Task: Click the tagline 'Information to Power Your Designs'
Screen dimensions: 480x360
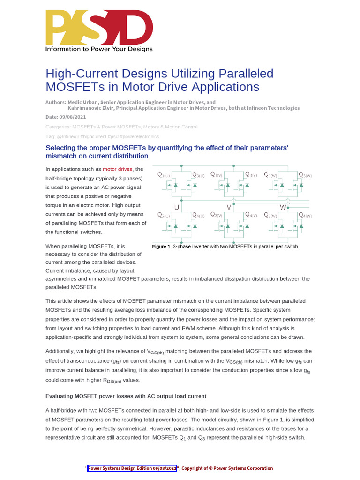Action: point(98,49)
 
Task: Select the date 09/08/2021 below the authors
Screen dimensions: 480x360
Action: point(74,117)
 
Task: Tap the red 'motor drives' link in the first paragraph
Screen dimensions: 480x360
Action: point(118,169)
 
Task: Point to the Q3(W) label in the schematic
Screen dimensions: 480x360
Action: point(305,175)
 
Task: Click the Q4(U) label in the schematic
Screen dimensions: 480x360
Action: point(198,215)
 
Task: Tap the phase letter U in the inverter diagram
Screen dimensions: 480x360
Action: point(176,207)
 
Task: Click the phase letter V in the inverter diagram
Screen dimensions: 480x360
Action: point(229,207)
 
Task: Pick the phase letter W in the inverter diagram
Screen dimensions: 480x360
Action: point(283,207)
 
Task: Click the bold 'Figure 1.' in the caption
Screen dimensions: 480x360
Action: point(162,247)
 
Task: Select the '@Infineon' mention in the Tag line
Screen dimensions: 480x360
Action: point(68,136)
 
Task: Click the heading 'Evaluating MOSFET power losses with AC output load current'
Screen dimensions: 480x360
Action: point(126,396)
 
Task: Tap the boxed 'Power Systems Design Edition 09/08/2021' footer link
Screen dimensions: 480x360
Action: point(132,468)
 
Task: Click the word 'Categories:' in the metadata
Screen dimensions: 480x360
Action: point(58,127)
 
